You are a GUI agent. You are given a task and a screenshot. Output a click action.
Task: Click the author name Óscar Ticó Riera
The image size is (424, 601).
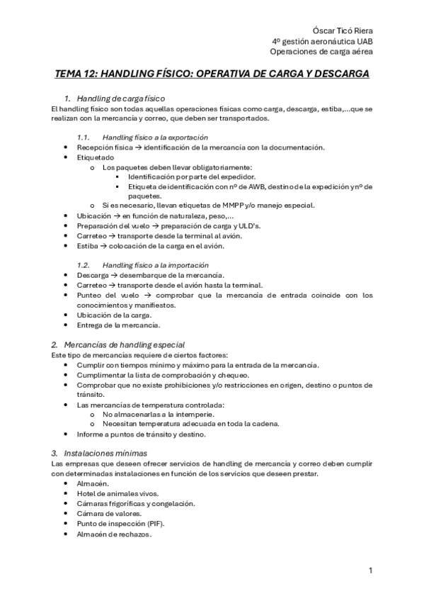click(343, 30)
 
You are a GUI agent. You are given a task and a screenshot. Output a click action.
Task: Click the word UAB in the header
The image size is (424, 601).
click(363, 41)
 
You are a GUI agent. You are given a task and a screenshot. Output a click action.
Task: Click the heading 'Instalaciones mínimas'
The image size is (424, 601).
click(105, 452)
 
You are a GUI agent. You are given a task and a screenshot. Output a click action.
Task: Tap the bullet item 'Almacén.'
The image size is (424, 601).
click(93, 483)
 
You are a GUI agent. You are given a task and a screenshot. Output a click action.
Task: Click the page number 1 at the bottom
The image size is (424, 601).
click(371, 570)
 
